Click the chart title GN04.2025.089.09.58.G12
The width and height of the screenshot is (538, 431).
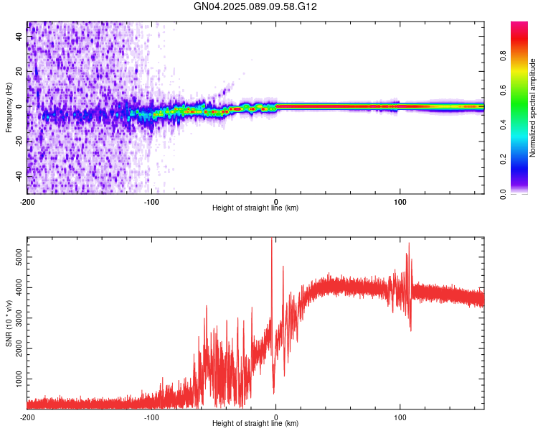tap(255, 6)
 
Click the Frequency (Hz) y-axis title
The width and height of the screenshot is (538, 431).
tap(9, 108)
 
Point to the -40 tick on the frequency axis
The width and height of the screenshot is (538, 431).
tap(19, 175)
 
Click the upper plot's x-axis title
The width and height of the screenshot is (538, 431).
tap(255, 208)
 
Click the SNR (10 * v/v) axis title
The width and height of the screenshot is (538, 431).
tap(9, 323)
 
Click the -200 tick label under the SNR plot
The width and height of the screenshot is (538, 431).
tap(27, 417)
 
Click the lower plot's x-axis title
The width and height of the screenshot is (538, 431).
tap(255, 424)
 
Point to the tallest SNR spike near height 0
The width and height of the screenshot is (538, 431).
tap(271, 240)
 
